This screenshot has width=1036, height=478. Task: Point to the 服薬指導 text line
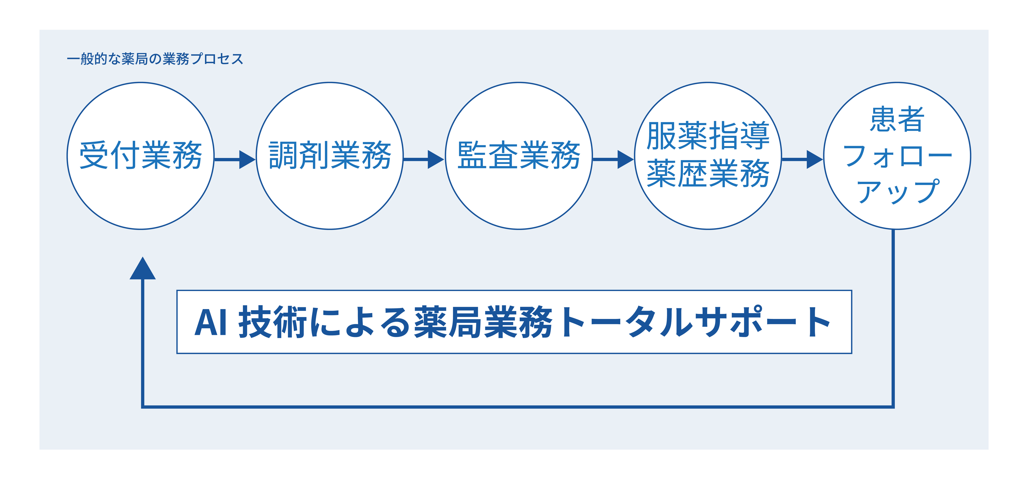[x=708, y=136]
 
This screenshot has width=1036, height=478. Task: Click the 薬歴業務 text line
[x=708, y=174]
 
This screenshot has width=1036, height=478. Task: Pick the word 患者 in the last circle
[x=897, y=119]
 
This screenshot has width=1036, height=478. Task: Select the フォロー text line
[x=897, y=156]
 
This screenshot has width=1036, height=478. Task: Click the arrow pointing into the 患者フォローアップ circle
[x=802, y=160]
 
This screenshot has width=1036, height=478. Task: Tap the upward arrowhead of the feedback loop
[x=142, y=268]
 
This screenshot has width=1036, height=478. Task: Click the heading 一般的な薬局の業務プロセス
[x=155, y=59]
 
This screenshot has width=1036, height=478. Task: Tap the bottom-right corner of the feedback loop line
[x=893, y=407]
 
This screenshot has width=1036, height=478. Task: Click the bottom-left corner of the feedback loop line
[x=143, y=407]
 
